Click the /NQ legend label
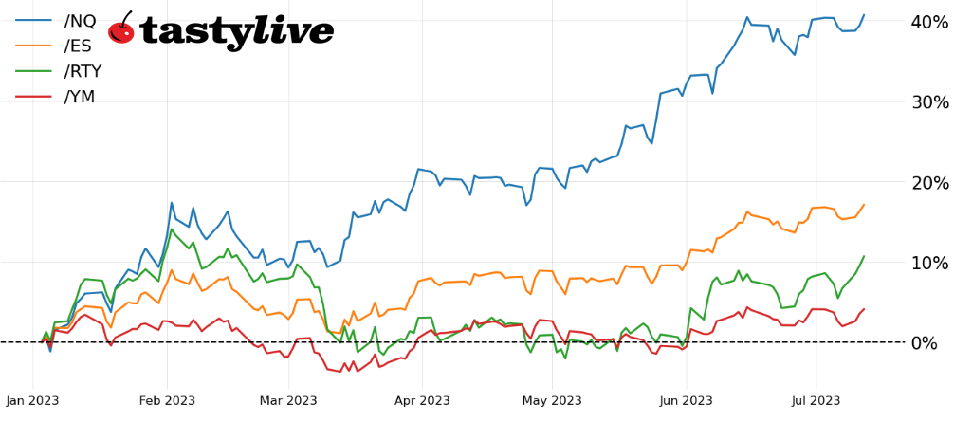point(80,21)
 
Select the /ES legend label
point(79,46)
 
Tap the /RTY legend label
point(83,71)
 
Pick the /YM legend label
point(80,97)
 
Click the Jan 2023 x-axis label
point(32,400)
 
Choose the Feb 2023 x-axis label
point(167,400)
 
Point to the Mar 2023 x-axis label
point(288,400)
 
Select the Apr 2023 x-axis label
point(422,400)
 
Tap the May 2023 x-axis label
point(552,400)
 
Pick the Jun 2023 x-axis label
point(686,400)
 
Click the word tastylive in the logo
point(236,31)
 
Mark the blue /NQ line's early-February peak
point(172,203)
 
